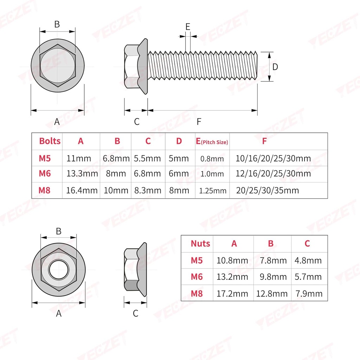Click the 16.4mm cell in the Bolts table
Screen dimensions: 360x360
coord(82,191)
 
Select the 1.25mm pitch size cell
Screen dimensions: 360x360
coord(212,191)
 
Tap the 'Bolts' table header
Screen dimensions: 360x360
coord(50,141)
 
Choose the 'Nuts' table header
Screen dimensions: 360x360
coord(200,244)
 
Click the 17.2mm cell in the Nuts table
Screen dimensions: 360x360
coord(232,294)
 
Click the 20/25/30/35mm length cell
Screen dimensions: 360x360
coord(267,191)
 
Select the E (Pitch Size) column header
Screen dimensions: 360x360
coord(212,141)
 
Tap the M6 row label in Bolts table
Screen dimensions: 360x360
coord(45,174)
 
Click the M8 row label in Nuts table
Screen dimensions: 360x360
coord(197,294)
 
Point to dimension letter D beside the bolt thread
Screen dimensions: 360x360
coord(275,67)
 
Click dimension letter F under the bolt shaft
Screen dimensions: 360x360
coord(199,122)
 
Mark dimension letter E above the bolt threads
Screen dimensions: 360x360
coord(188,27)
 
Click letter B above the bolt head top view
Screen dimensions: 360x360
coord(57,24)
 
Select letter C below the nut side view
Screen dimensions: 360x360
coord(136,313)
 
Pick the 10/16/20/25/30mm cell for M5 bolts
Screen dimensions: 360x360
coord(273,159)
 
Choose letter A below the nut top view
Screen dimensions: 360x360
coord(59,313)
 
